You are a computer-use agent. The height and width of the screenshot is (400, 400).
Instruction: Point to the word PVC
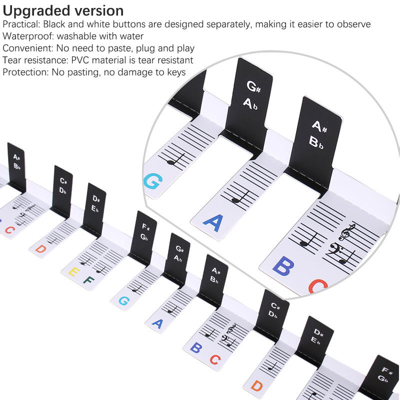point(80,60)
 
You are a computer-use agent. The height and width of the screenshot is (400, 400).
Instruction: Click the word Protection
point(25,72)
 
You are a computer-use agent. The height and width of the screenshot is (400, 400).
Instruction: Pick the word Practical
point(21,24)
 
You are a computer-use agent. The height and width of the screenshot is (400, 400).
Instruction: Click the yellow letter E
point(74,271)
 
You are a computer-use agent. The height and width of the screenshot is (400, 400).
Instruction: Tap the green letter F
point(88,280)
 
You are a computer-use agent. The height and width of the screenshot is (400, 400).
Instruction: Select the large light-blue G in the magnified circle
point(153,181)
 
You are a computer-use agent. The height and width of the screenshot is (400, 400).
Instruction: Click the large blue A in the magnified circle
point(213,222)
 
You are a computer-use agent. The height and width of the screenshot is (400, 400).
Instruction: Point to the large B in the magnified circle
point(283,266)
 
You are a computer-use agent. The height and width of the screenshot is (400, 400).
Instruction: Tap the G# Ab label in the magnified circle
point(252,95)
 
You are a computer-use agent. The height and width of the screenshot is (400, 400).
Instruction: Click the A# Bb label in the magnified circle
point(317,134)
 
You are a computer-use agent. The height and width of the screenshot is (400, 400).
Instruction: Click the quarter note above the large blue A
point(240,197)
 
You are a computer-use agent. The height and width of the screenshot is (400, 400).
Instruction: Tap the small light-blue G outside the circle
point(124,301)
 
